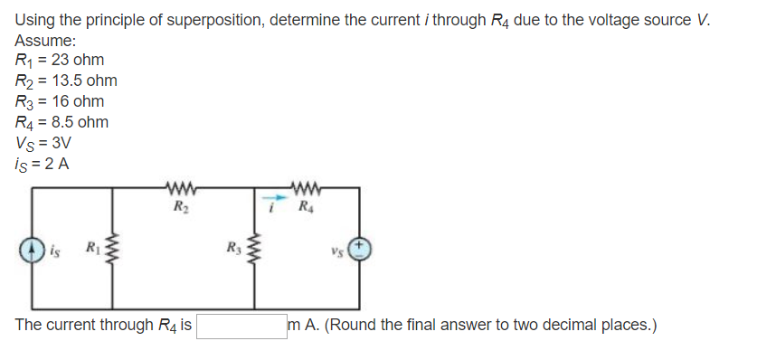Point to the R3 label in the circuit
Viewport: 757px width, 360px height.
pos(232,244)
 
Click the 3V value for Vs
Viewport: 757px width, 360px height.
pos(60,143)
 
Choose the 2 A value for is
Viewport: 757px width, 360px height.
pos(59,164)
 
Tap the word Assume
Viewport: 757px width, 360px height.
pos(44,41)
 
